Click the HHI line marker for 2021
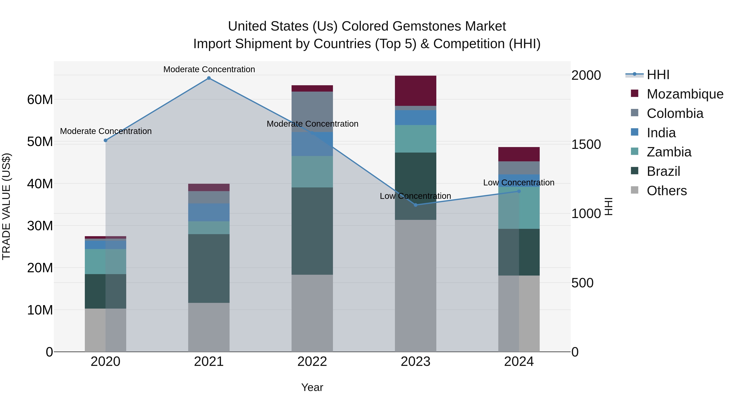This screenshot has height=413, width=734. click(x=209, y=78)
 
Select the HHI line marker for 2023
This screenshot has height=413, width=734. click(x=416, y=205)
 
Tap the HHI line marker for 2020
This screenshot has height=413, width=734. click(x=105, y=141)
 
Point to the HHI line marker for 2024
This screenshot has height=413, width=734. click(x=519, y=191)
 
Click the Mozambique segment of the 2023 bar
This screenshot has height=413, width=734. click(x=416, y=91)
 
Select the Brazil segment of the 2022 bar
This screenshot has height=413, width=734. click(x=312, y=231)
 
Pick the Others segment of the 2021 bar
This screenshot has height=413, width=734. click(x=209, y=327)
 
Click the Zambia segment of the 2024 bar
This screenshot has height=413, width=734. click(x=519, y=208)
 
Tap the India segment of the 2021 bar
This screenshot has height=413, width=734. click(x=209, y=212)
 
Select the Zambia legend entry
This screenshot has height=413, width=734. click(x=669, y=152)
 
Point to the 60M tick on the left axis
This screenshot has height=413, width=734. click(x=40, y=100)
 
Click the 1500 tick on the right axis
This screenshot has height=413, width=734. click(x=586, y=145)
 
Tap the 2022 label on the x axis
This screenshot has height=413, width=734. click(x=312, y=362)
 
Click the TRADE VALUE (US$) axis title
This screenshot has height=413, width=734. click(x=6, y=206)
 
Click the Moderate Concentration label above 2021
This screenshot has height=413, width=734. click(x=209, y=69)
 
